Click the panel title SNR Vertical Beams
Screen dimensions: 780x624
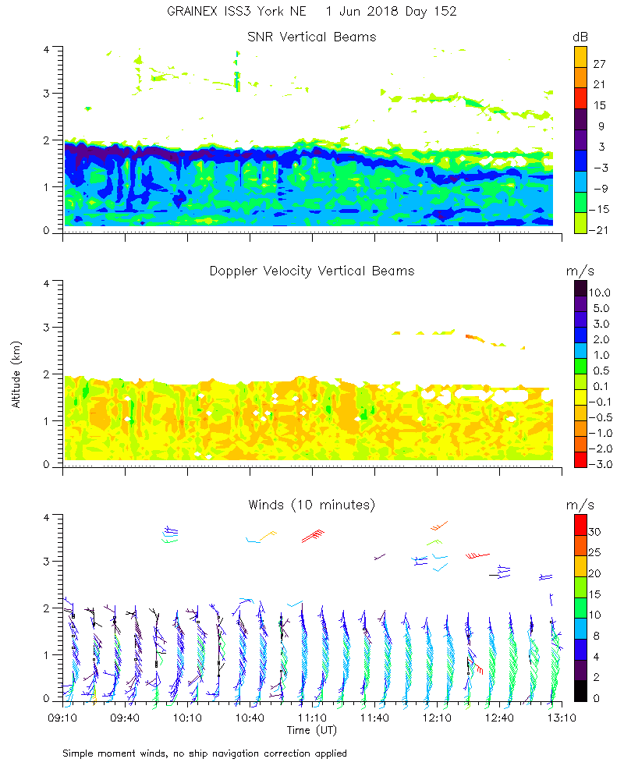pyautogui.click(x=312, y=37)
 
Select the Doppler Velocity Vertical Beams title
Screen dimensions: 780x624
pyautogui.click(x=312, y=271)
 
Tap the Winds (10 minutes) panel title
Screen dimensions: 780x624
pyautogui.click(x=312, y=505)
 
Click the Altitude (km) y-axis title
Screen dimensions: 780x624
pyautogui.click(x=16, y=374)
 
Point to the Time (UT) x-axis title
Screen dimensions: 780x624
pyautogui.click(x=312, y=730)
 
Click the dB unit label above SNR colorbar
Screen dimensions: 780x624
pyautogui.click(x=580, y=37)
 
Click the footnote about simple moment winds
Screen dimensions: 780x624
pyautogui.click(x=204, y=753)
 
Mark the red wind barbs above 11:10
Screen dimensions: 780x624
pyautogui.click(x=313, y=536)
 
